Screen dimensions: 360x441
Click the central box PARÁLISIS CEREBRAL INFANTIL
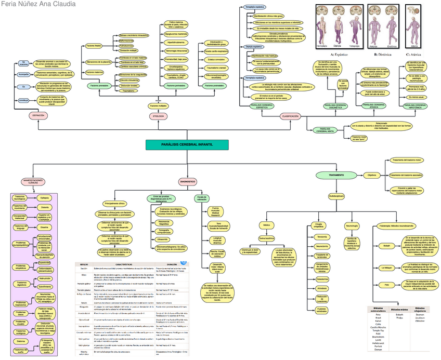coord(187,144)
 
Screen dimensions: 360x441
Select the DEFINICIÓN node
coord(38,115)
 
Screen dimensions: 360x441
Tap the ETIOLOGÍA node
coord(158,116)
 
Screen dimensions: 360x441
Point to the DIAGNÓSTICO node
coord(188,182)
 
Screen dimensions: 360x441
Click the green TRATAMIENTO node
coord(336,176)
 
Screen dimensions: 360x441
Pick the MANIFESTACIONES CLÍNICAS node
coord(33,182)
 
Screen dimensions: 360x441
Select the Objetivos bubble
coord(372,175)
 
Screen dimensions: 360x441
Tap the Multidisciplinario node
coord(336,196)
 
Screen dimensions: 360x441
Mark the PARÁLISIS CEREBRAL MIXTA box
coord(326,130)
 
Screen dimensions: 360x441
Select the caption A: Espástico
coord(339,54)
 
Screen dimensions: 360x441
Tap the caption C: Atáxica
coord(414,54)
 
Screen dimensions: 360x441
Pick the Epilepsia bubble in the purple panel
coord(45,198)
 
